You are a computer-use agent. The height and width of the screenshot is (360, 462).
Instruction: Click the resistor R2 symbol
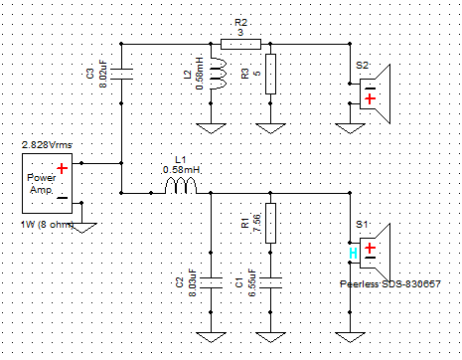click(x=240, y=44)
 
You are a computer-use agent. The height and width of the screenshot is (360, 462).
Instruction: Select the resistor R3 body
click(x=270, y=74)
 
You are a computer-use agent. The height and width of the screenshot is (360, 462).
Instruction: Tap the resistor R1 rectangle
click(x=270, y=223)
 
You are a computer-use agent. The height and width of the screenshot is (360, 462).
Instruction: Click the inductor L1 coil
click(x=181, y=186)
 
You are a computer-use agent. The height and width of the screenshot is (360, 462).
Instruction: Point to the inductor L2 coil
click(x=219, y=74)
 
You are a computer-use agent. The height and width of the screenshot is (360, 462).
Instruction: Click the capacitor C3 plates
click(x=121, y=74)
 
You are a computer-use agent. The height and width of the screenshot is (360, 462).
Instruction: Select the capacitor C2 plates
click(x=211, y=282)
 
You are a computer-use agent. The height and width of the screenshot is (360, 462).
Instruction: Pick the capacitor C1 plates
click(x=270, y=282)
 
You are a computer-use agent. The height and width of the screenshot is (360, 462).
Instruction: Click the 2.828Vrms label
click(x=47, y=145)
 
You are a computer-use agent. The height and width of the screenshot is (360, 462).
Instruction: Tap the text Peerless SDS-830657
click(x=390, y=284)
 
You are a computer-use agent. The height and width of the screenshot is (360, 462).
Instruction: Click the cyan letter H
click(x=353, y=254)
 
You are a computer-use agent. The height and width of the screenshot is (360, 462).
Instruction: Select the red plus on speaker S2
click(x=370, y=98)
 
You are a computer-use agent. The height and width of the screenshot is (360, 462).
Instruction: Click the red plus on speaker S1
click(x=370, y=248)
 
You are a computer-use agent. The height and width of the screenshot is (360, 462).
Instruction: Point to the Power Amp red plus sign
click(x=62, y=168)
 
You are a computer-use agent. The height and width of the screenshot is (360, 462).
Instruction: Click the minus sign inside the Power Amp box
click(x=63, y=198)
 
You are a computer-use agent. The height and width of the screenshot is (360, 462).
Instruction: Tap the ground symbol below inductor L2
click(x=211, y=128)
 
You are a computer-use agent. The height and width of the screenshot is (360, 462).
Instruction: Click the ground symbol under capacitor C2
click(x=211, y=337)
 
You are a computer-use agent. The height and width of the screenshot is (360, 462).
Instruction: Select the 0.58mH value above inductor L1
click(x=182, y=170)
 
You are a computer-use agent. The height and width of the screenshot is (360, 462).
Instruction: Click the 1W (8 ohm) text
click(x=47, y=225)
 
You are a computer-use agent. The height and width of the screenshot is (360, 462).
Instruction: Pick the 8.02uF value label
click(x=103, y=74)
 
